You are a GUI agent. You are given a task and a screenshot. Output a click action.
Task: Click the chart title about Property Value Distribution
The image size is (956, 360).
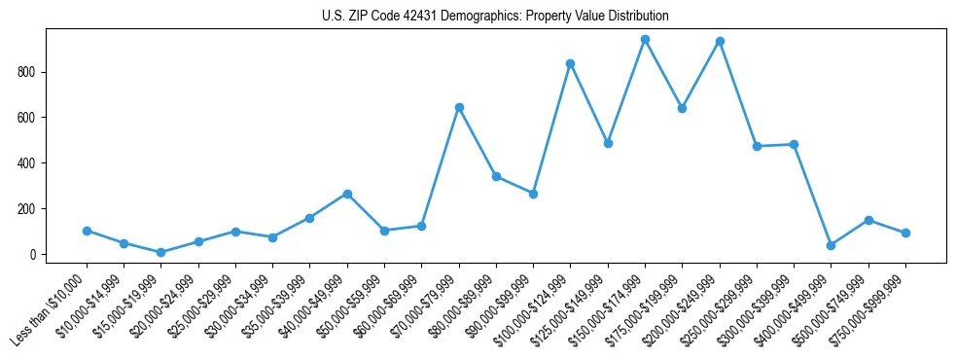[x=495, y=17]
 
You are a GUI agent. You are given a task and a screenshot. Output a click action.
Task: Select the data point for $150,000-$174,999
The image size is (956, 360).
[x=645, y=40]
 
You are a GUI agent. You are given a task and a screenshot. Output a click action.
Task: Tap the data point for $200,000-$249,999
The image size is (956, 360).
[x=720, y=42]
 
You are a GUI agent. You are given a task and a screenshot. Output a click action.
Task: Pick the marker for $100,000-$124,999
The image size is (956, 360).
[x=571, y=64]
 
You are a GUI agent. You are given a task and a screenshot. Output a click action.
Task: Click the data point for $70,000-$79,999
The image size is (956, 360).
[x=459, y=107]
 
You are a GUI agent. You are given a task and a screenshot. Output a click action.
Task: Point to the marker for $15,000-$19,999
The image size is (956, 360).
[x=160, y=252]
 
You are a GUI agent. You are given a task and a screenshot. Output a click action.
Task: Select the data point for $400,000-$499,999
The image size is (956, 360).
[x=832, y=245]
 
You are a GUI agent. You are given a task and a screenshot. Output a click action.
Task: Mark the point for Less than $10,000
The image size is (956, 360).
[x=87, y=231]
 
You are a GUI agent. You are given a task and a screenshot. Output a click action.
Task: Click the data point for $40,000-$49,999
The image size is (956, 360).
[x=347, y=194]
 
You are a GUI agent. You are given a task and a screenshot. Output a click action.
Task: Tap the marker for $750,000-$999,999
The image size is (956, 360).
[x=905, y=233]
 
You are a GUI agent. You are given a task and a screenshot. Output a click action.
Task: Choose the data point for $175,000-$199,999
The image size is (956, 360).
[x=683, y=108]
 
